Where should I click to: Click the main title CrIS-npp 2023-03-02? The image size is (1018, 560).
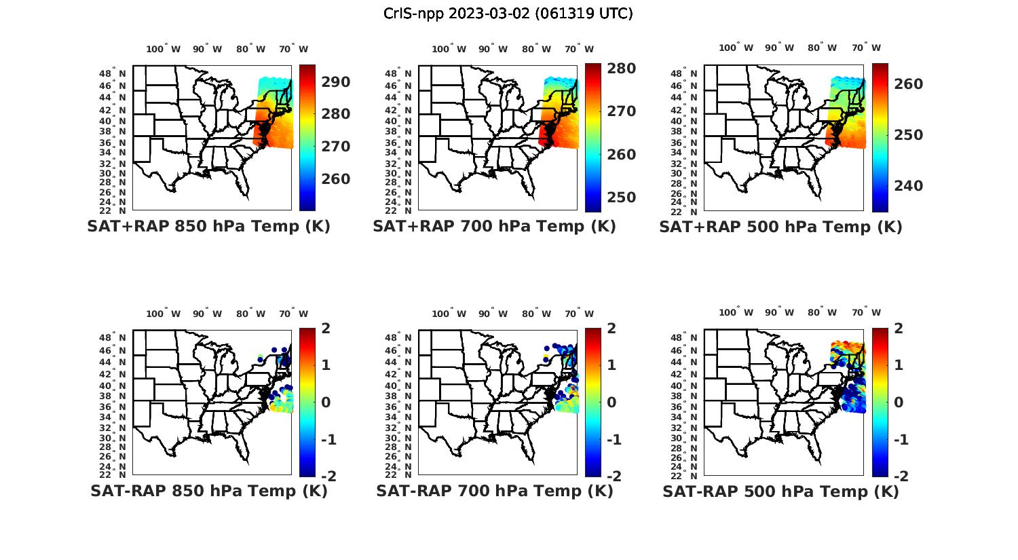click(508, 14)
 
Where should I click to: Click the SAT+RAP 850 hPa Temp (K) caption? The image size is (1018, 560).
click(208, 226)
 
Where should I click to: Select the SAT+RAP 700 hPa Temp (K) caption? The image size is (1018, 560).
click(494, 226)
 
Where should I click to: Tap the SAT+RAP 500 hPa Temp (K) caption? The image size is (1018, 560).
click(780, 226)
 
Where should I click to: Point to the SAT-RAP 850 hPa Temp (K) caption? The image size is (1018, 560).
click(208, 491)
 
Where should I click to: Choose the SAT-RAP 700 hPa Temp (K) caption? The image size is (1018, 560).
click(494, 491)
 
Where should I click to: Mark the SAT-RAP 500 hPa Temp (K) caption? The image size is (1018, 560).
click(780, 491)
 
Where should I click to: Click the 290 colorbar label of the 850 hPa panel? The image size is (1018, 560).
click(335, 82)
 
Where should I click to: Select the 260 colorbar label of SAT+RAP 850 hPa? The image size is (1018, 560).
click(335, 179)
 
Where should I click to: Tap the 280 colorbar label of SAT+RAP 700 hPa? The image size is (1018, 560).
click(621, 69)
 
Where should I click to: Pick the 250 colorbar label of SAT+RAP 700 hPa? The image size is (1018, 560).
click(621, 198)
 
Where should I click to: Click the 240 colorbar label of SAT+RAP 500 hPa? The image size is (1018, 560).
click(908, 186)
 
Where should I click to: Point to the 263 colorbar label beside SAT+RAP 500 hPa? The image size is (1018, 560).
click(908, 84)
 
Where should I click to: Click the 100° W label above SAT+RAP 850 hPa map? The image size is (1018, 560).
click(163, 49)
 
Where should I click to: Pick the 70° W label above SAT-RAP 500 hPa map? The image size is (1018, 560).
click(867, 313)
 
